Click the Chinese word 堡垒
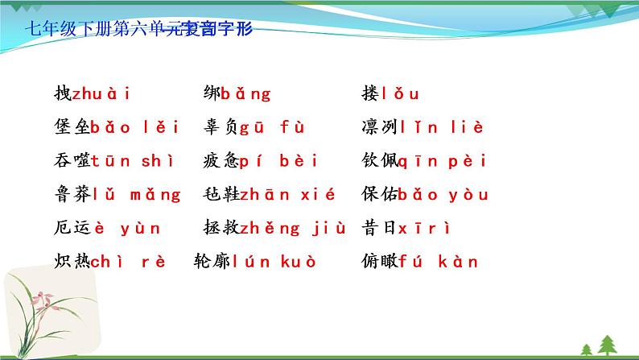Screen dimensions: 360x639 pyautogui.click(x=70, y=127)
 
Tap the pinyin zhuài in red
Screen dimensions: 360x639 pyautogui.click(x=101, y=93)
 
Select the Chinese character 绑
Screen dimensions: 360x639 pyautogui.click(x=212, y=93)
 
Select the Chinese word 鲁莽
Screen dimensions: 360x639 pyautogui.click(x=70, y=194)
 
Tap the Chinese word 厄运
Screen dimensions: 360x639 pyautogui.click(x=70, y=228)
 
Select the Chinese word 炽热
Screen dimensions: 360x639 pyautogui.click(x=70, y=261)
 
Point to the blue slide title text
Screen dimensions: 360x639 pyautogui.click(x=139, y=29)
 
